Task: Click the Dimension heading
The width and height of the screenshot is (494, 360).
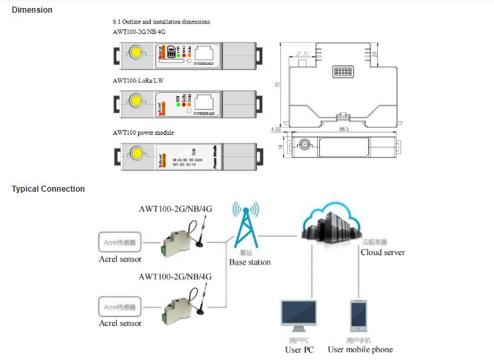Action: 31,10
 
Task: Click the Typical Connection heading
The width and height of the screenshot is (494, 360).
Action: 48,189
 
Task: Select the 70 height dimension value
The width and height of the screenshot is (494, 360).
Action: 277,85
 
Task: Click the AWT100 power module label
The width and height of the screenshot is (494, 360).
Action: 143,133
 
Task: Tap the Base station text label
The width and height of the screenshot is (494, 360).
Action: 250,262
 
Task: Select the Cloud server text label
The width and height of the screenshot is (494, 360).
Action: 383,252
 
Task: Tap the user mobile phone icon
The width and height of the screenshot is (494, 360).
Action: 358,316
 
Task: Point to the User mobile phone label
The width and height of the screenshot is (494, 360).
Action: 360,349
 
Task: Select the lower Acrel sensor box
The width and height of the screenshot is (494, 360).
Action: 120,307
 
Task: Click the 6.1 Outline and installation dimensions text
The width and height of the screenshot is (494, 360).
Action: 161,22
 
